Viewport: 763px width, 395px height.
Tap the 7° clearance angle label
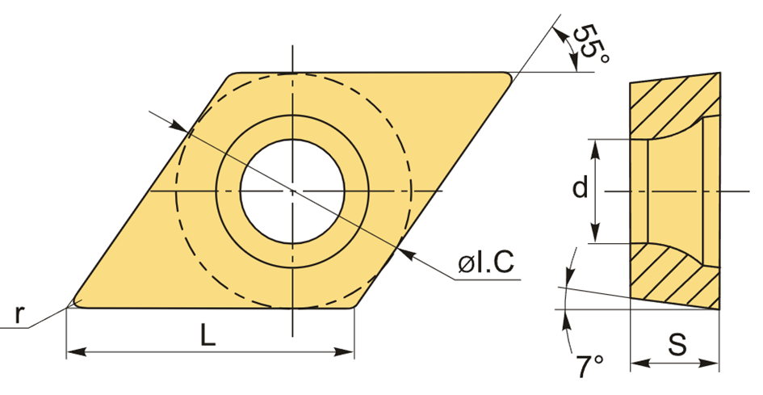click(589, 366)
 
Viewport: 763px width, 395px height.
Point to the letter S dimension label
click(677, 344)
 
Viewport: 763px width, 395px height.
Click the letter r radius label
click(19, 315)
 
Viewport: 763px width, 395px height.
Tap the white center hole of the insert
click(292, 191)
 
